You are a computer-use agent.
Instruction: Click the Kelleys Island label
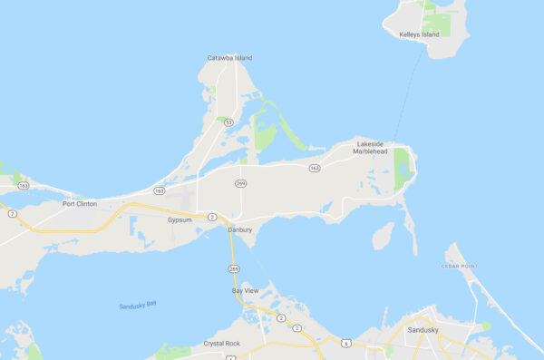point(419,34)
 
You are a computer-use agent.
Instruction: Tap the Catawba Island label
point(229,58)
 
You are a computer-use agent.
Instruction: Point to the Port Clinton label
point(80,204)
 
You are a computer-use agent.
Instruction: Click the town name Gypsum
point(180,219)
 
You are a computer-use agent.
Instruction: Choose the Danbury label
point(239,230)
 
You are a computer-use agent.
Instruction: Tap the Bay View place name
point(245,291)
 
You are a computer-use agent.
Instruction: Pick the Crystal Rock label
point(221,343)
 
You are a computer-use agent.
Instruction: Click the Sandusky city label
point(423,330)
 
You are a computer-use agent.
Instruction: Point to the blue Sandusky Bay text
point(138,306)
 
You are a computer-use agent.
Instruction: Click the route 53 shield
point(229,121)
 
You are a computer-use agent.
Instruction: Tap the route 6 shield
point(345,343)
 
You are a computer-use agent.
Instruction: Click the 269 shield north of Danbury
point(240,184)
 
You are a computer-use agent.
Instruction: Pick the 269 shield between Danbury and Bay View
point(234,268)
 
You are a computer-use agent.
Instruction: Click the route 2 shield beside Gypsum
point(211,217)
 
